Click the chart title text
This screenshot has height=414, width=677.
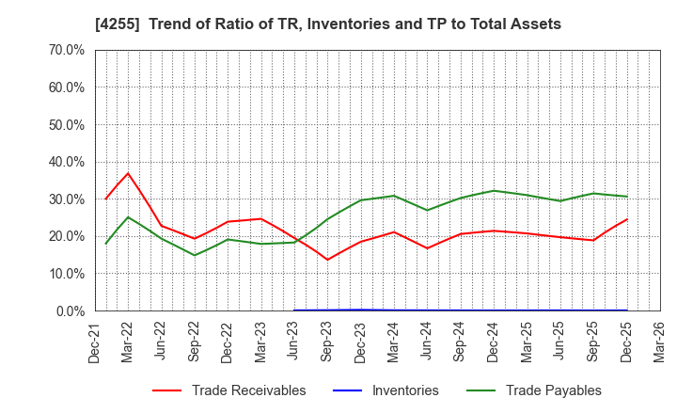tap(339, 24)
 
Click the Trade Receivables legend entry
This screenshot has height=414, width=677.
tap(248, 390)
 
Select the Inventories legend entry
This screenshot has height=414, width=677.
tap(405, 390)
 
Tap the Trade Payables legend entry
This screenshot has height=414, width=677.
tap(553, 390)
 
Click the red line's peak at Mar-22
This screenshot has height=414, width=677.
tap(128, 173)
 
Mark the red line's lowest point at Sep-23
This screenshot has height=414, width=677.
tap(327, 260)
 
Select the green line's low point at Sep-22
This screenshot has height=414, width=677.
tap(195, 255)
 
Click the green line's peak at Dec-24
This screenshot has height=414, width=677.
tap(494, 191)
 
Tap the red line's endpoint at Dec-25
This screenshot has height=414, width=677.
tap(626, 219)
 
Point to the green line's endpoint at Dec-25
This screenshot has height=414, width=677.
tap(626, 197)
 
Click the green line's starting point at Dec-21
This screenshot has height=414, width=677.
tap(105, 244)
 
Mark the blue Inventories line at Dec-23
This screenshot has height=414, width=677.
tap(361, 310)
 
